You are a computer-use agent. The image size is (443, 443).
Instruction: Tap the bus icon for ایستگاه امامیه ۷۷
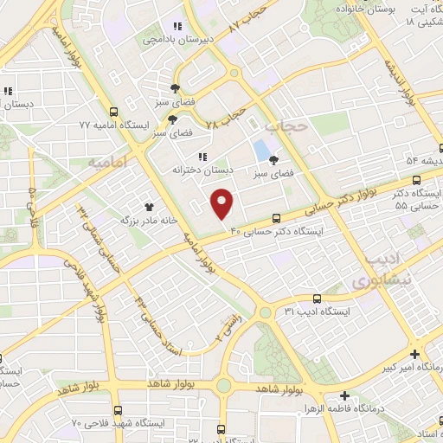click(x=114, y=112)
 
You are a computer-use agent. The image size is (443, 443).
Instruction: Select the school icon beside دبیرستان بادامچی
click(x=177, y=26)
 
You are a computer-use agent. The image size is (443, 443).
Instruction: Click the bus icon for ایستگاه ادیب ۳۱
click(x=317, y=297)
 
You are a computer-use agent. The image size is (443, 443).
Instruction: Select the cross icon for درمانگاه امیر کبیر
click(x=415, y=354)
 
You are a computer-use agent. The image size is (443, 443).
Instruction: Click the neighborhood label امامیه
click(x=107, y=162)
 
